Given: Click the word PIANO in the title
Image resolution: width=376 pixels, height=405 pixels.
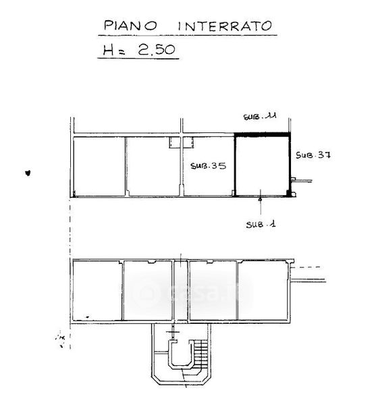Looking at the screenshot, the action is pyautogui.click(x=130, y=26).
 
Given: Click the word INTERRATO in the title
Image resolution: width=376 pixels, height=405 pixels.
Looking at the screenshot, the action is pyautogui.click(x=225, y=26).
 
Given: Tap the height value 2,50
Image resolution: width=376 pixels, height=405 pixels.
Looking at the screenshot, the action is pyautogui.click(x=157, y=49).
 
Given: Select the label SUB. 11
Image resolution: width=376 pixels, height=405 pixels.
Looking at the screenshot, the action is pyautogui.click(x=260, y=116).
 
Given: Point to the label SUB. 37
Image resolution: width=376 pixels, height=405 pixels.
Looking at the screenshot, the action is pyautogui.click(x=313, y=155).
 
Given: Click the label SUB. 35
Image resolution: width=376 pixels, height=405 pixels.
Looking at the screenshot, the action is pyautogui.click(x=208, y=165).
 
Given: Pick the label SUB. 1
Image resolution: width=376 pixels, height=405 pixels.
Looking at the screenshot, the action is pyautogui.click(x=261, y=224).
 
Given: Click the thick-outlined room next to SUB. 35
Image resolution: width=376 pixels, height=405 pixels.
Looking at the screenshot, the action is pyautogui.click(x=262, y=166).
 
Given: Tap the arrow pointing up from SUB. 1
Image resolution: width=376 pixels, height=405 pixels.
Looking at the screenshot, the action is pyautogui.click(x=261, y=202).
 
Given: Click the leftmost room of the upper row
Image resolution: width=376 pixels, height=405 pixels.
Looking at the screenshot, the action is pyautogui.click(x=99, y=166).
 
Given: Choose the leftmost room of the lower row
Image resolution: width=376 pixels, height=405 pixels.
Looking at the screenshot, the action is pyautogui.click(x=97, y=290).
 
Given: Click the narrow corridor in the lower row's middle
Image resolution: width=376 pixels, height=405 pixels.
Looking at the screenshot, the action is pyautogui.click(x=180, y=290).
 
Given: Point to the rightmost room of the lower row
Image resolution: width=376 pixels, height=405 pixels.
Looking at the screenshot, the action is pyautogui.click(x=263, y=290).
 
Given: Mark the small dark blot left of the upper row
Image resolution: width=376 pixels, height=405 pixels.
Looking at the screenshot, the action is pyautogui.click(x=28, y=173).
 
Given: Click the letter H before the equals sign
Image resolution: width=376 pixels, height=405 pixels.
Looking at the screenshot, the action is pyautogui.click(x=108, y=50).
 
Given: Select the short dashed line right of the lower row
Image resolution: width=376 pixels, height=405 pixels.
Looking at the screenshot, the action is pyautogui.click(x=306, y=267).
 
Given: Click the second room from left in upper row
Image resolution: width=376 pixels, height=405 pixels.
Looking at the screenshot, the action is pyautogui.click(x=153, y=166).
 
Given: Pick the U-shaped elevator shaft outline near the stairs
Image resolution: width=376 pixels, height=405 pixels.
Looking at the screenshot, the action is pyautogui.click(x=180, y=353).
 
